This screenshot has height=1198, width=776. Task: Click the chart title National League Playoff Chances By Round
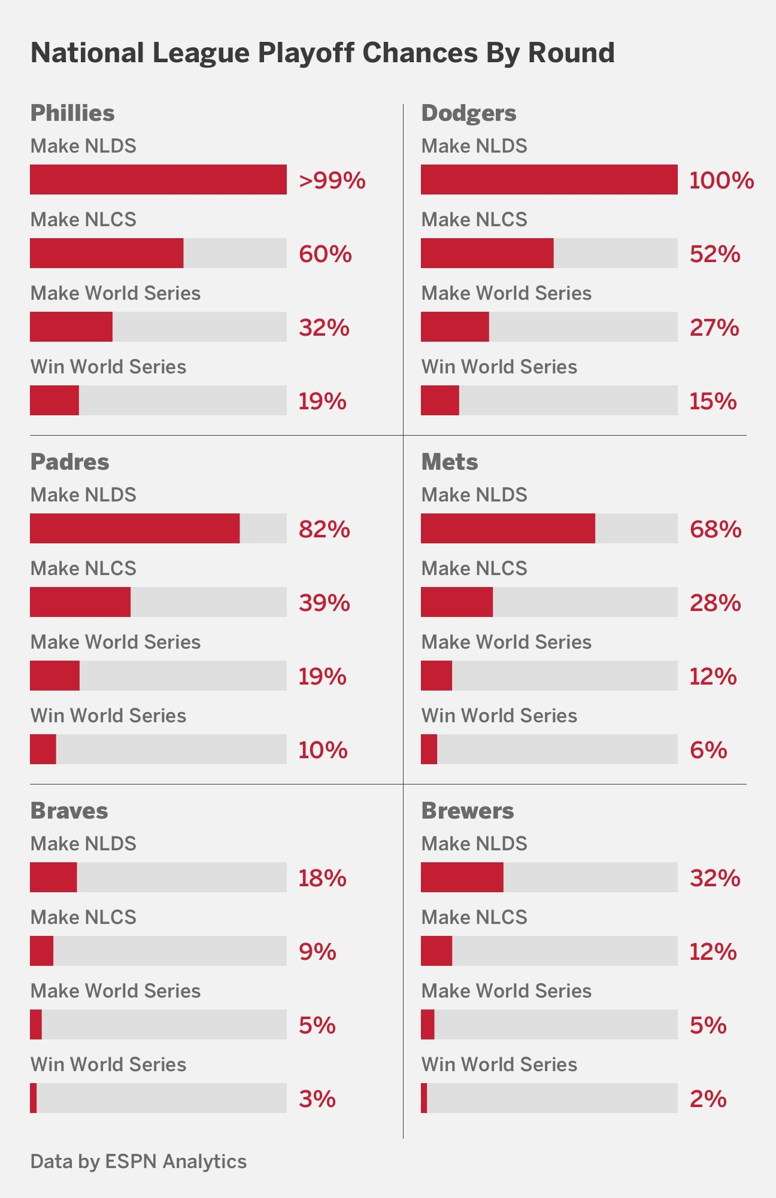[x=322, y=53]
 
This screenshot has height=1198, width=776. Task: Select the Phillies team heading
[x=72, y=113]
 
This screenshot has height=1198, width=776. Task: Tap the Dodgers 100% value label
[x=721, y=180]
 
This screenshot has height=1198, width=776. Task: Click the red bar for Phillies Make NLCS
[x=107, y=253]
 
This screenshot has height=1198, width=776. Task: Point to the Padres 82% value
[x=324, y=529]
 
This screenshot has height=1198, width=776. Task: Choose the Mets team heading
[x=450, y=462]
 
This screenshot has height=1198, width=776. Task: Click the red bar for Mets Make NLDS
[x=508, y=528]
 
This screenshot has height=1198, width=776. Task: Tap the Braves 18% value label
[x=322, y=878]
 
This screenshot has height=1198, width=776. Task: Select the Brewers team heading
[x=468, y=811]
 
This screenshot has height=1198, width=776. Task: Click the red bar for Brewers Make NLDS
[x=462, y=877]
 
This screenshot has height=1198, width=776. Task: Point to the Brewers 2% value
[x=708, y=1099]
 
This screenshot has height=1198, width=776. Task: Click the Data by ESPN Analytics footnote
[x=138, y=1161]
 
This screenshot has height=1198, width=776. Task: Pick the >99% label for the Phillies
[x=332, y=180]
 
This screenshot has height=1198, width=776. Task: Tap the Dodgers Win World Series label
[x=499, y=367]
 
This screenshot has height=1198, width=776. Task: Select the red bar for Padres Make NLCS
[x=80, y=602]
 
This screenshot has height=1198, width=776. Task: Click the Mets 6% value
[x=708, y=750]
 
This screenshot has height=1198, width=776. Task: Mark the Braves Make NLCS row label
[x=83, y=917]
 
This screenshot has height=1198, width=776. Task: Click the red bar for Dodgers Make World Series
[x=455, y=327]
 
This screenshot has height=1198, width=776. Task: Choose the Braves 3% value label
[x=317, y=1099]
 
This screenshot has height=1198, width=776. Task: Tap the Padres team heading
[x=70, y=462]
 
